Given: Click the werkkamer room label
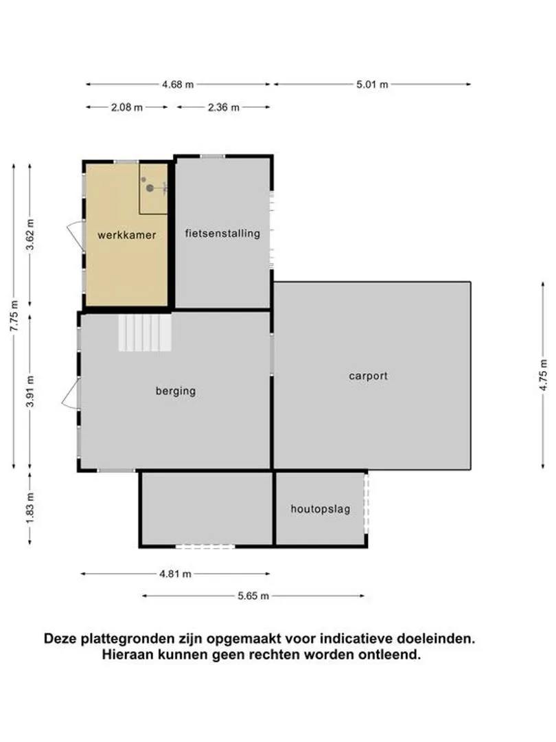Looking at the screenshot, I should coord(126,235).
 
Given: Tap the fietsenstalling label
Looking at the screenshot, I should coord(222,233).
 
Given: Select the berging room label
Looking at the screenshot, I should coord(175,391).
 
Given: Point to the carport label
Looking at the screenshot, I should coord(368,376).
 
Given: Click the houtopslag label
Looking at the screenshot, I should coord(320,509).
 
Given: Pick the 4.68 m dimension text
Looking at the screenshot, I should coord(178,85).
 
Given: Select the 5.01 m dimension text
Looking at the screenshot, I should coord(372,85).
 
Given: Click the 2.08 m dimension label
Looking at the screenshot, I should coord(127,107).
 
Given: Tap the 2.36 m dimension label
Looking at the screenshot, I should coord(223,107).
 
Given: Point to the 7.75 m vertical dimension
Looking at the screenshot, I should coord(14,315).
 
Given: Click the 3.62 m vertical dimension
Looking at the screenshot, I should coord(30,235).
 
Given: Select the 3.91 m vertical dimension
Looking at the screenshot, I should coord(30,392).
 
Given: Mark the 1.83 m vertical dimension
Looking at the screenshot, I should coord(30,509).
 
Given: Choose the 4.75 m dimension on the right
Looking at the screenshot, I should coord(543,375).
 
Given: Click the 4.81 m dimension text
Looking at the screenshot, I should coord(175,574).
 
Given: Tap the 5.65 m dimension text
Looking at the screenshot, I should coord(253,596).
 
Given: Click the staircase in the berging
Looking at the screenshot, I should coord(145,333).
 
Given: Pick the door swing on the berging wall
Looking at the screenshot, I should coord(70,395).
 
